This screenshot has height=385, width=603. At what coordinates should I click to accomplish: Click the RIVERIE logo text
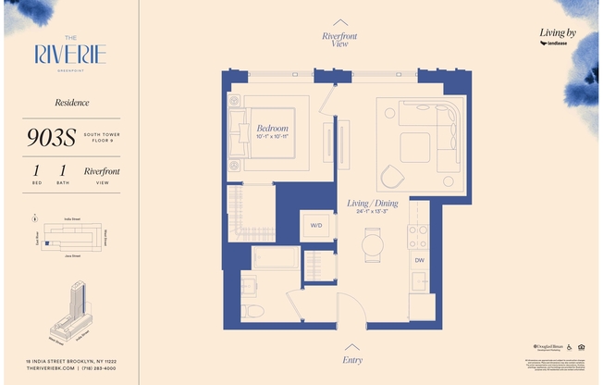point(69,53)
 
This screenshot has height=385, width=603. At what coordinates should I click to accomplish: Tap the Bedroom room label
point(272,129)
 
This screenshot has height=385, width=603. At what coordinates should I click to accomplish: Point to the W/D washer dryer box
point(315,225)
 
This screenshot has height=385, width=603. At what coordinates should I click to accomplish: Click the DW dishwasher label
point(419,260)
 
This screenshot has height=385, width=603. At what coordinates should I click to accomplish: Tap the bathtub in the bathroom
point(276,257)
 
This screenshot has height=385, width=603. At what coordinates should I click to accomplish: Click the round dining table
point(372,244)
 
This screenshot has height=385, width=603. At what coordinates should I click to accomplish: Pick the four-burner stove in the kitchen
point(419,237)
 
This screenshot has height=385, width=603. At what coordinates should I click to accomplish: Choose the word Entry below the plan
point(352,360)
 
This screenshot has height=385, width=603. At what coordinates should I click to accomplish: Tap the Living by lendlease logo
point(558,37)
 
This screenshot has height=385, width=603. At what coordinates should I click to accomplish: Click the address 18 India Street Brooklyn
point(69,361)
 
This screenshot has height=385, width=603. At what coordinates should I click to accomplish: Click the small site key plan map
point(69,237)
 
